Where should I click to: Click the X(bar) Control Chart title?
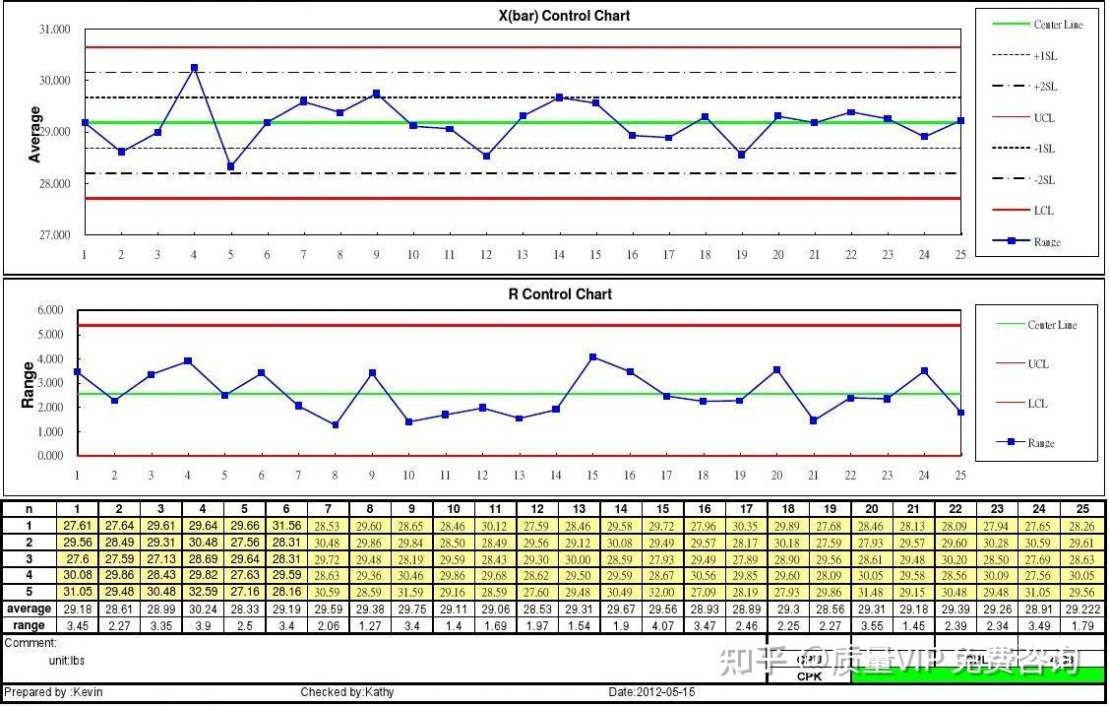click(x=564, y=16)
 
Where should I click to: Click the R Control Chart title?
click(x=559, y=294)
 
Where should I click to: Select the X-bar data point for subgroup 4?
click(x=194, y=68)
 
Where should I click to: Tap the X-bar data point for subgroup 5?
click(x=230, y=166)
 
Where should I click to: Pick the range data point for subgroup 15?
click(x=592, y=356)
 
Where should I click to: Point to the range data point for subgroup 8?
click(x=336, y=425)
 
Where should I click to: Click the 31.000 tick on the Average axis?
click(x=54, y=30)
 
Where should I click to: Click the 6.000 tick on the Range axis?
click(x=50, y=310)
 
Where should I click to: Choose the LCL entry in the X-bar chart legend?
click(x=1043, y=211)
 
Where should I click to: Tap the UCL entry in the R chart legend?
click(x=1038, y=364)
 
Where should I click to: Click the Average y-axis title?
click(x=36, y=135)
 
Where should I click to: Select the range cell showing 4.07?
click(x=663, y=625)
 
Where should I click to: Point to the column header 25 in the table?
click(x=1082, y=509)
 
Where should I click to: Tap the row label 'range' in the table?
click(x=29, y=625)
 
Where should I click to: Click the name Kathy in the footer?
click(x=379, y=692)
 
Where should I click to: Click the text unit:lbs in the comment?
click(x=67, y=661)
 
